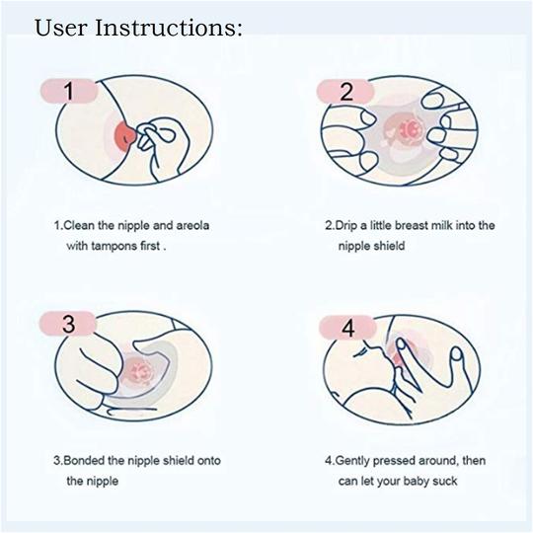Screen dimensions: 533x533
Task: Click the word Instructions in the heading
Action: [169, 28]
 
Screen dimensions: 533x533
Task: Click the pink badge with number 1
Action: [69, 91]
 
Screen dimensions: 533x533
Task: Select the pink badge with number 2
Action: [345, 91]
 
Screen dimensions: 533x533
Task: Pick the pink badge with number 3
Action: [68, 324]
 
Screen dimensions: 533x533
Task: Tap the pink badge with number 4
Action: [347, 328]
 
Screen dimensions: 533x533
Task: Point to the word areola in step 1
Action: [192, 225]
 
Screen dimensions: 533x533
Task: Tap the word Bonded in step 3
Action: [84, 461]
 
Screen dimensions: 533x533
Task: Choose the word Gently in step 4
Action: [352, 461]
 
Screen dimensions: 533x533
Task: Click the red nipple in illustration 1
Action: [125, 135]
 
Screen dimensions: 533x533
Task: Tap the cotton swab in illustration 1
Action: [155, 135]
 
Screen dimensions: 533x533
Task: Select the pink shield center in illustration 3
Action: [140, 370]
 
